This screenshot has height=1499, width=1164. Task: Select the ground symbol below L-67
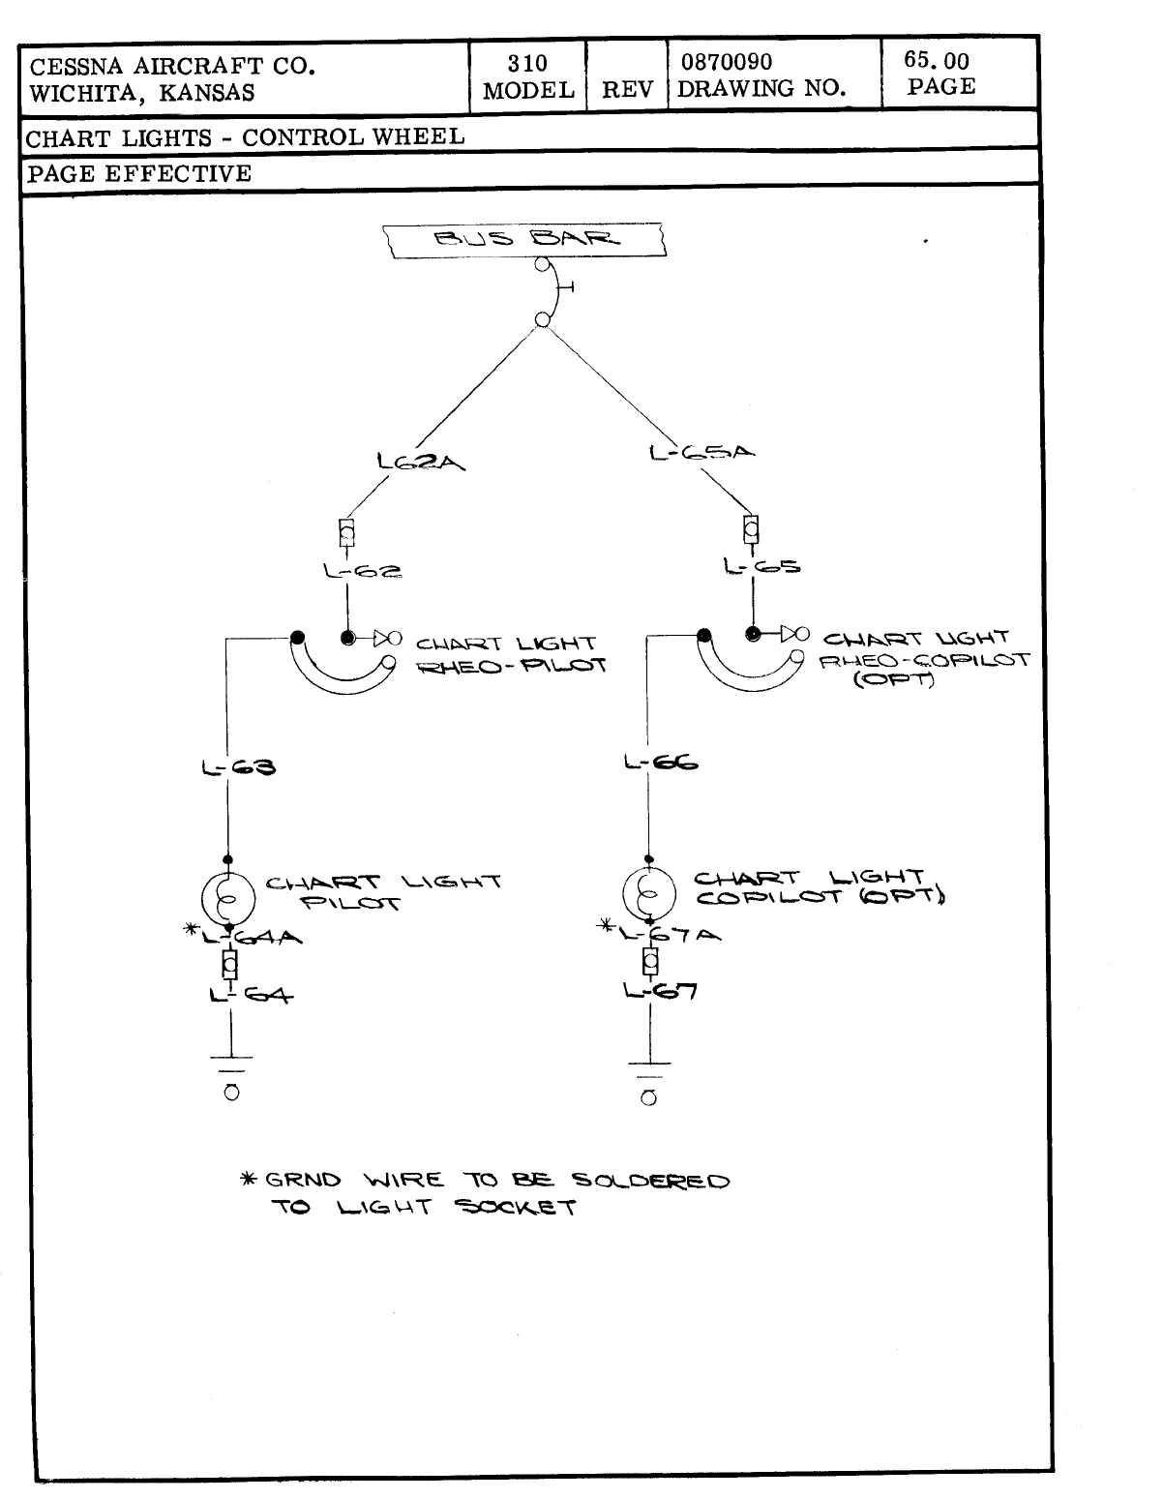pyautogui.click(x=649, y=1084)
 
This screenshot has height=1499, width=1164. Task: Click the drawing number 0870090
pyautogui.click(x=727, y=63)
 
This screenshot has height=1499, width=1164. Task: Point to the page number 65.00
pyautogui.click(x=936, y=60)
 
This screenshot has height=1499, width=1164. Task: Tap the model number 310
pyautogui.click(x=527, y=64)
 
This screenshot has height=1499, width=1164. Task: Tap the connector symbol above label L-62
pyautogui.click(x=345, y=532)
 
